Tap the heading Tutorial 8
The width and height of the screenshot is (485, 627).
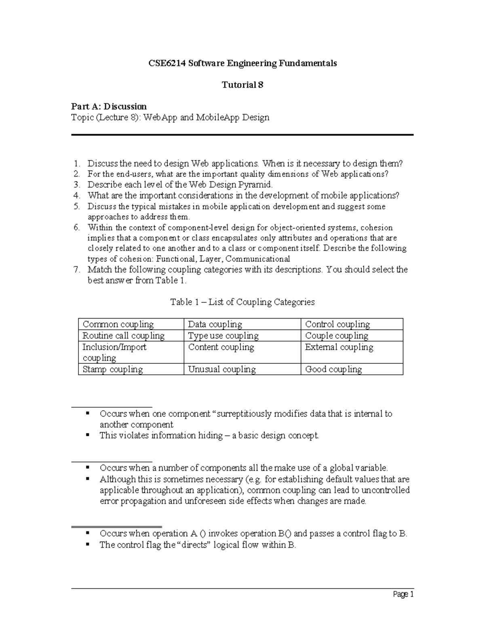(242, 85)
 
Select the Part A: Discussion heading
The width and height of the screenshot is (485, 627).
(109, 107)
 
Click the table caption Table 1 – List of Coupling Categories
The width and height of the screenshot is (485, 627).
(242, 302)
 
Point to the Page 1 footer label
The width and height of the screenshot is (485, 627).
(403, 594)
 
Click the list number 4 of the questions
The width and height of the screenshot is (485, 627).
(77, 196)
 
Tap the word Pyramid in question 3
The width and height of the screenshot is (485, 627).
(256, 185)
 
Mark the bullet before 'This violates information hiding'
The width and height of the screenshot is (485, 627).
(88, 435)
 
